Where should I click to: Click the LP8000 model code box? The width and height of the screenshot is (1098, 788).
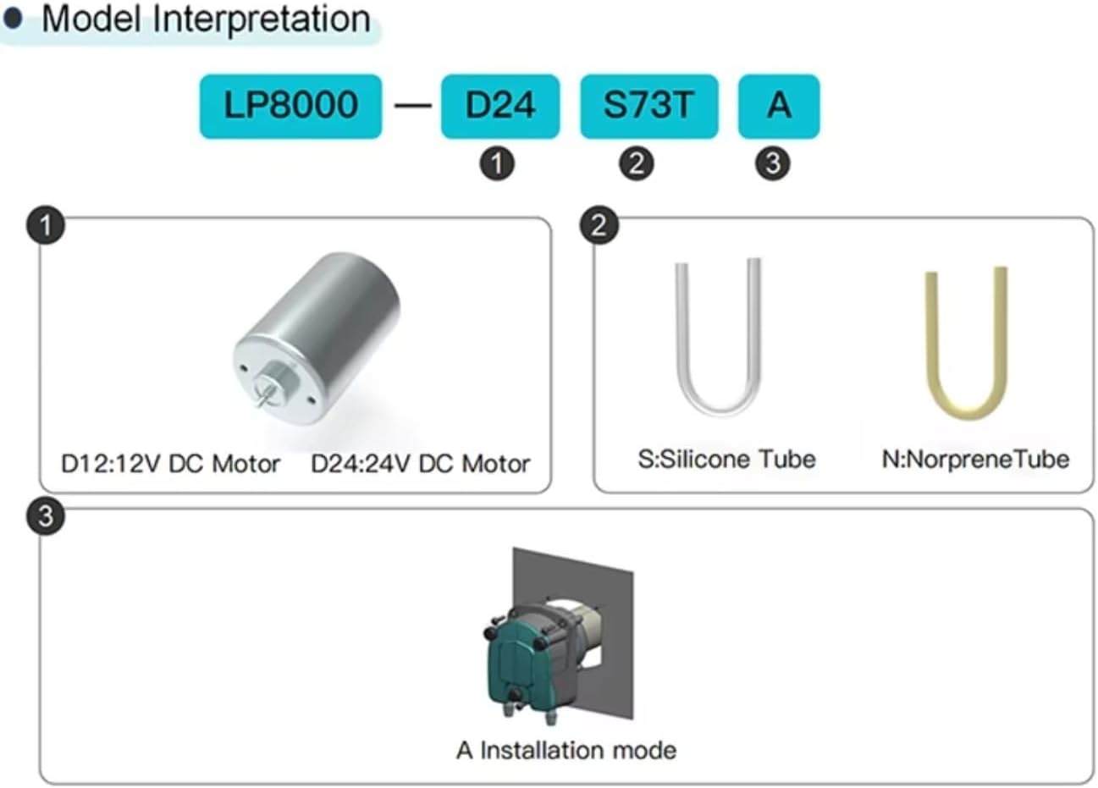pyautogui.click(x=290, y=106)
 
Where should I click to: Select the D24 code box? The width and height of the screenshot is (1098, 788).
pyautogui.click(x=499, y=106)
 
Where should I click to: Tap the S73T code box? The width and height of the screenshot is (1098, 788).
pyautogui.click(x=648, y=106)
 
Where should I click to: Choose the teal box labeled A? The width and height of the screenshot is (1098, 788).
pyautogui.click(x=778, y=106)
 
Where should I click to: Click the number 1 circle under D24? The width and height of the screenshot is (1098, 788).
pyautogui.click(x=497, y=163)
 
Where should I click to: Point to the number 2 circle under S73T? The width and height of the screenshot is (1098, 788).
pyautogui.click(x=637, y=163)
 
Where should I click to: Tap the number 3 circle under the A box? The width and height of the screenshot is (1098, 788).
pyautogui.click(x=772, y=163)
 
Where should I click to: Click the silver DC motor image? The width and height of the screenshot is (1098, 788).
pyautogui.click(x=318, y=339)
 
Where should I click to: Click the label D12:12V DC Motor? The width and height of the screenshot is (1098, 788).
pyautogui.click(x=170, y=464)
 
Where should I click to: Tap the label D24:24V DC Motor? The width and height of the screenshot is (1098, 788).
pyautogui.click(x=420, y=464)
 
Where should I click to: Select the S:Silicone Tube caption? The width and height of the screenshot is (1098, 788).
pyautogui.click(x=726, y=460)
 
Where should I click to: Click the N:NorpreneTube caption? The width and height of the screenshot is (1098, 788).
pyautogui.click(x=975, y=460)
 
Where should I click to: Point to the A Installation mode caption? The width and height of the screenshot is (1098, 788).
pyautogui.click(x=566, y=750)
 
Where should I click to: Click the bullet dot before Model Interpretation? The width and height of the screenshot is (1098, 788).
pyautogui.click(x=13, y=18)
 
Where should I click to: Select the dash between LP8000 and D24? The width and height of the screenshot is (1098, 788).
pyautogui.click(x=412, y=106)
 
